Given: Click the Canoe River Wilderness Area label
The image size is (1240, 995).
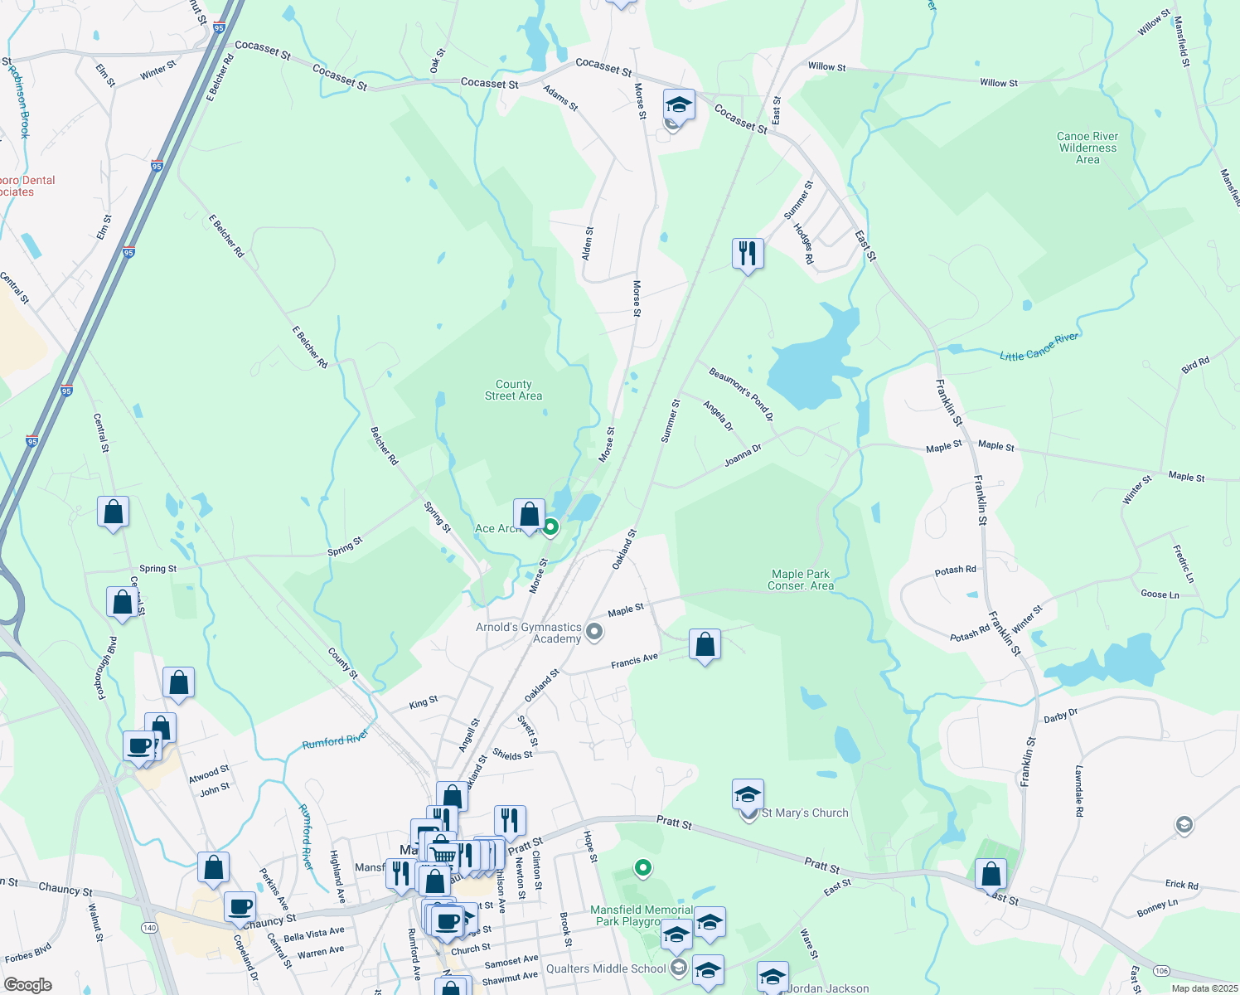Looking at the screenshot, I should pyautogui.click(x=1087, y=148).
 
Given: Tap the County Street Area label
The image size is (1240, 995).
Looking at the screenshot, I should pyautogui.click(x=513, y=390).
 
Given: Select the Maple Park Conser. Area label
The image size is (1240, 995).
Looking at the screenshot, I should pyautogui.click(x=800, y=580).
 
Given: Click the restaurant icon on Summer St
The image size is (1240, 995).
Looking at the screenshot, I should pyautogui.click(x=748, y=253).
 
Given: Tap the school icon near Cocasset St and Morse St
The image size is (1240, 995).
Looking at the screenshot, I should pyautogui.click(x=678, y=105).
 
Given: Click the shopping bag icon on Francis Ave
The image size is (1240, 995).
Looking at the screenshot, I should pyautogui.click(x=705, y=644).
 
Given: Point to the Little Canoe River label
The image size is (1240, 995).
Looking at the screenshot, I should pyautogui.click(x=1039, y=347).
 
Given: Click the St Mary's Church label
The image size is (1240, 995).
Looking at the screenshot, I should pyautogui.click(x=804, y=813).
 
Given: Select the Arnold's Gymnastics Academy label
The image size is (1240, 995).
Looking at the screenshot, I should pyautogui.click(x=529, y=633).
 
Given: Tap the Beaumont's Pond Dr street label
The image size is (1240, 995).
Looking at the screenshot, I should pyautogui.click(x=740, y=394).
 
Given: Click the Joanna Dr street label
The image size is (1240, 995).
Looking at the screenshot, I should pyautogui.click(x=743, y=455).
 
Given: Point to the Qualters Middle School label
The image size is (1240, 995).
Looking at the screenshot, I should pyautogui.click(x=606, y=968).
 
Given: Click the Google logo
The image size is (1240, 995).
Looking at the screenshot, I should pyautogui.click(x=28, y=984).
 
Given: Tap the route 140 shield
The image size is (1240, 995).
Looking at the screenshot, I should pyautogui.click(x=149, y=927).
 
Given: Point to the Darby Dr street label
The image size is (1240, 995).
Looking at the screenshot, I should pyautogui.click(x=1060, y=716).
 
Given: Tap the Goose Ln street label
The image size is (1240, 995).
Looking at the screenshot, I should pyautogui.click(x=1160, y=594).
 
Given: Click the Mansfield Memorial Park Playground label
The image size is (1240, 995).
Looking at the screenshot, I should pyautogui.click(x=641, y=915).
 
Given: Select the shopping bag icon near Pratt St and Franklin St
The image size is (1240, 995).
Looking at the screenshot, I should pyautogui.click(x=991, y=874).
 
